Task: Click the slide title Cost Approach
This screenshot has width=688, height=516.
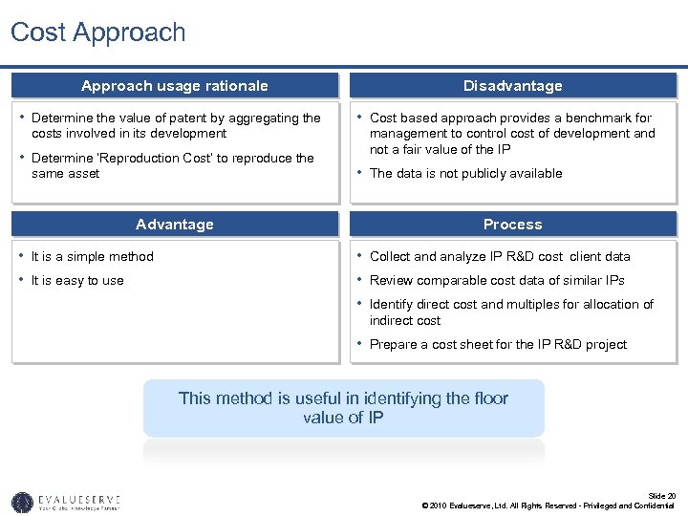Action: (x=98, y=32)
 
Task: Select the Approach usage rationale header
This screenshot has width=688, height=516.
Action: (x=175, y=86)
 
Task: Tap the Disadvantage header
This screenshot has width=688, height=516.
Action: (x=512, y=86)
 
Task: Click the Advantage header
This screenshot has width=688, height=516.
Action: (x=175, y=225)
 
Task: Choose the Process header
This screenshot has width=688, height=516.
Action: (x=512, y=225)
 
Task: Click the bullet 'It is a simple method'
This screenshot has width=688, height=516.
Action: (x=92, y=256)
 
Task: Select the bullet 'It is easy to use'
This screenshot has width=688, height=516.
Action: (x=77, y=281)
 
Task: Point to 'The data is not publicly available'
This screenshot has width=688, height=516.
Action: (x=465, y=173)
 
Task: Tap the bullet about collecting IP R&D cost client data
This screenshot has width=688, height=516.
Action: (x=500, y=256)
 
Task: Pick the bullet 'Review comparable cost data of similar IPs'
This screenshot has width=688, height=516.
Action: (x=497, y=281)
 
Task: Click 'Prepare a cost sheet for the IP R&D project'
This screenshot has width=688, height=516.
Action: (x=498, y=345)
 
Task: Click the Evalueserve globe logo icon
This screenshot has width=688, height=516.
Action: (x=22, y=502)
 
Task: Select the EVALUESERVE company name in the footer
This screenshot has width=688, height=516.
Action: (x=79, y=499)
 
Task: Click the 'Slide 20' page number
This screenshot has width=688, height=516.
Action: (x=661, y=496)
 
